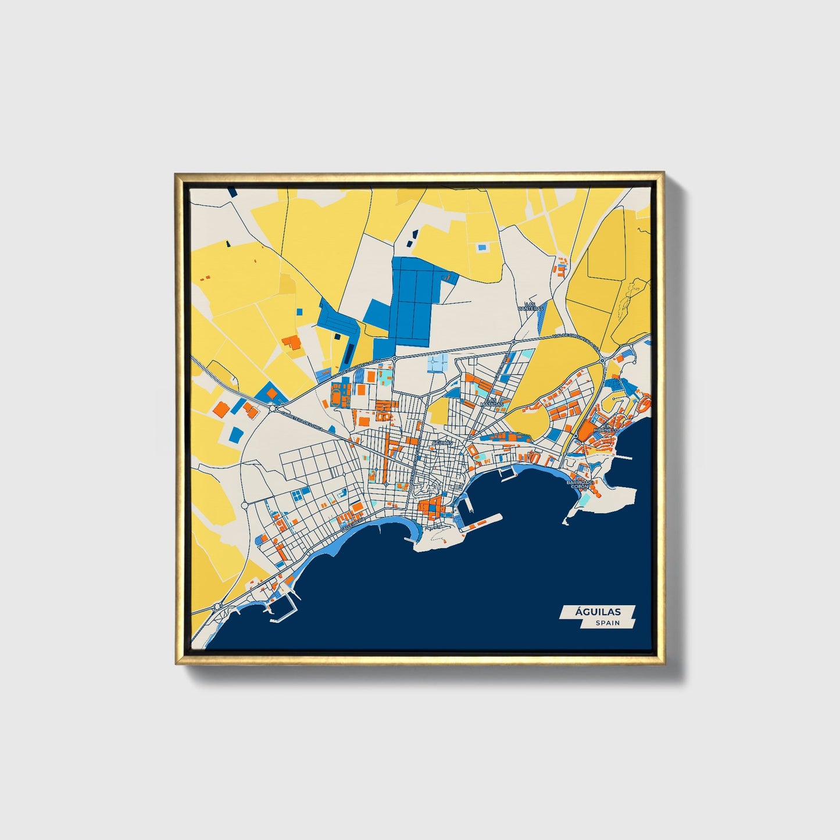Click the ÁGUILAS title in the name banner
click(x=598, y=612)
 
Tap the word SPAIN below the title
click(x=607, y=623)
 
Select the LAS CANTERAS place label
click(x=533, y=306)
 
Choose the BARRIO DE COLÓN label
click(x=581, y=484)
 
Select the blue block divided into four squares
click(x=299, y=495)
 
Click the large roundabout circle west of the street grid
click(x=245, y=505)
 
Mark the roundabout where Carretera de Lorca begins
click(x=273, y=408)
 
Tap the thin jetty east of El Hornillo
click(x=623, y=457)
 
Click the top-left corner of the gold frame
click(x=175, y=173)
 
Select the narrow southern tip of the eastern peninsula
click(x=566, y=521)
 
